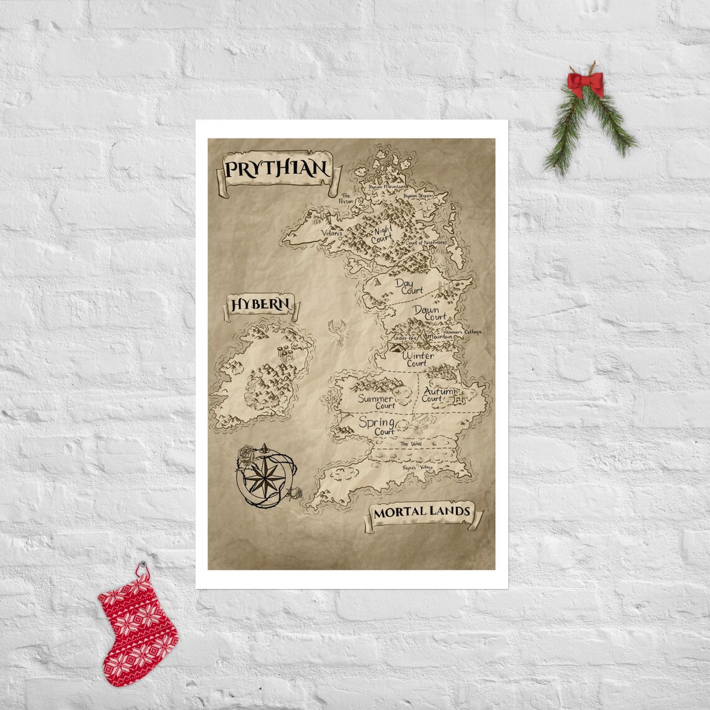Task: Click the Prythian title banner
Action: (x=275, y=169)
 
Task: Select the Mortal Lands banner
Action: (x=421, y=513)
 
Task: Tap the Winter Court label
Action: (x=418, y=359)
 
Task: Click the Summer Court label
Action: (x=376, y=402)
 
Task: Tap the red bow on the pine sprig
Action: (x=585, y=83)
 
